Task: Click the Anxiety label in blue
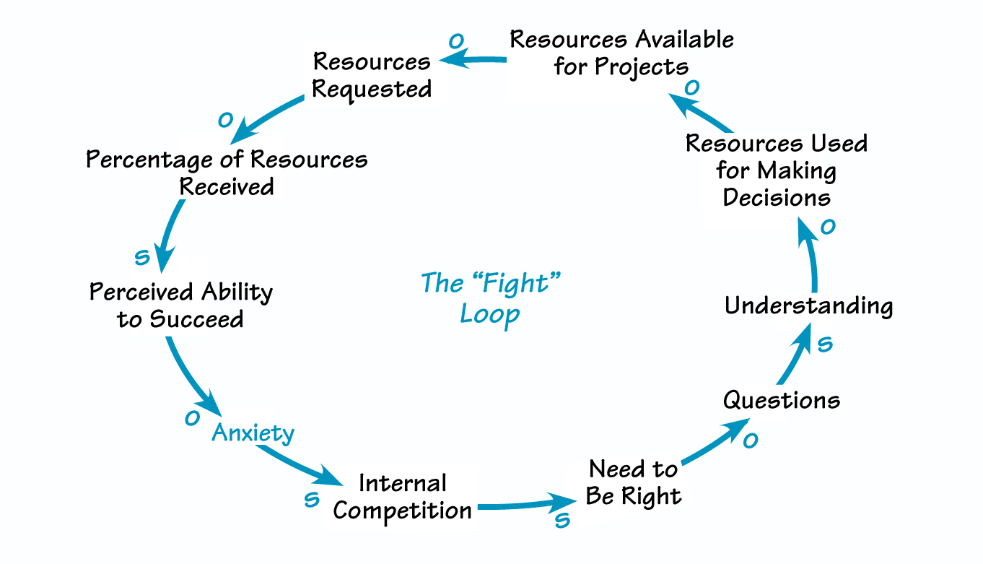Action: point(253,433)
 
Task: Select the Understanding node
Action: point(808,305)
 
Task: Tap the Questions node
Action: point(782,399)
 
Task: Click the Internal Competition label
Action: point(402,497)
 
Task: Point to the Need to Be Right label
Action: point(633,482)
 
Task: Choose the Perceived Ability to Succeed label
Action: point(180,305)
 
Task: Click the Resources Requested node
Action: point(372,75)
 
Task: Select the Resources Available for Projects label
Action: point(621,52)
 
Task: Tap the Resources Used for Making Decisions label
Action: point(776,170)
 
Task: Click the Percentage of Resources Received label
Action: point(227,173)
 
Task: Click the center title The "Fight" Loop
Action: point(491,298)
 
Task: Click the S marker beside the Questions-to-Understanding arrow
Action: point(824,344)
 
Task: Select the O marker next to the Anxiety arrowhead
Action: point(192,417)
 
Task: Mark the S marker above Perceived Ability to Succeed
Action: point(142,257)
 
